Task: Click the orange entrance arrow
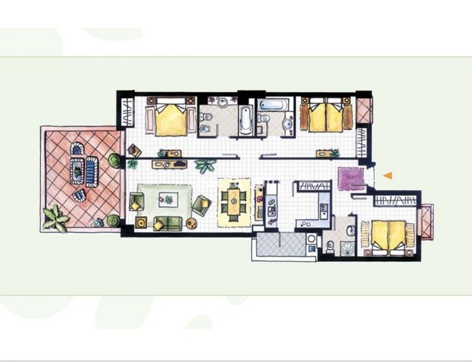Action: click(387, 176)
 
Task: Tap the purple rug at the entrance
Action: click(351, 178)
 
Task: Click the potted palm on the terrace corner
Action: click(54, 218)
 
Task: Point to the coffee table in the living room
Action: click(166, 199)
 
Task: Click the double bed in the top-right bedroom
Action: click(328, 117)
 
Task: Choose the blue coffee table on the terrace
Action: click(86, 167)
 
